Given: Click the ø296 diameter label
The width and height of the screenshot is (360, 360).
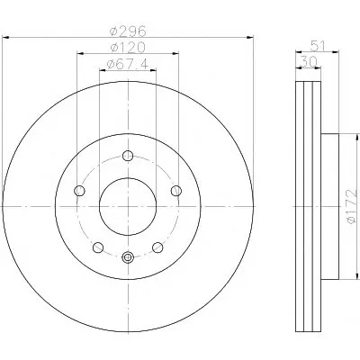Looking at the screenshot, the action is pyautogui.click(x=128, y=31).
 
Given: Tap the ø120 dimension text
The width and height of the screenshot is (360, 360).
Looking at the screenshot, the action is pyautogui.click(x=128, y=48).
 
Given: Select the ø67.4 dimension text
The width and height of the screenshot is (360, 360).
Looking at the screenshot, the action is pyautogui.click(x=128, y=64).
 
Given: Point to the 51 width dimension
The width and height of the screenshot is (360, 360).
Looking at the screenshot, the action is pyautogui.click(x=318, y=46).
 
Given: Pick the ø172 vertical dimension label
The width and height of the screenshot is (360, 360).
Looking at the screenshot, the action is pyautogui.click(x=352, y=206).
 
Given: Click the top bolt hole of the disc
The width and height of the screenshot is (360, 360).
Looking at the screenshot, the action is pyautogui.click(x=128, y=156).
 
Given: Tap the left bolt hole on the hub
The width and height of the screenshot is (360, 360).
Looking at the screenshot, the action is pyautogui.click(x=79, y=191).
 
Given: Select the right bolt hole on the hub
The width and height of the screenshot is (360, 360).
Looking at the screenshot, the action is pyautogui.click(x=176, y=191).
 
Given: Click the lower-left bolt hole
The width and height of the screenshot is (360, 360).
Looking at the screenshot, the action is pyautogui.click(x=98, y=247).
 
